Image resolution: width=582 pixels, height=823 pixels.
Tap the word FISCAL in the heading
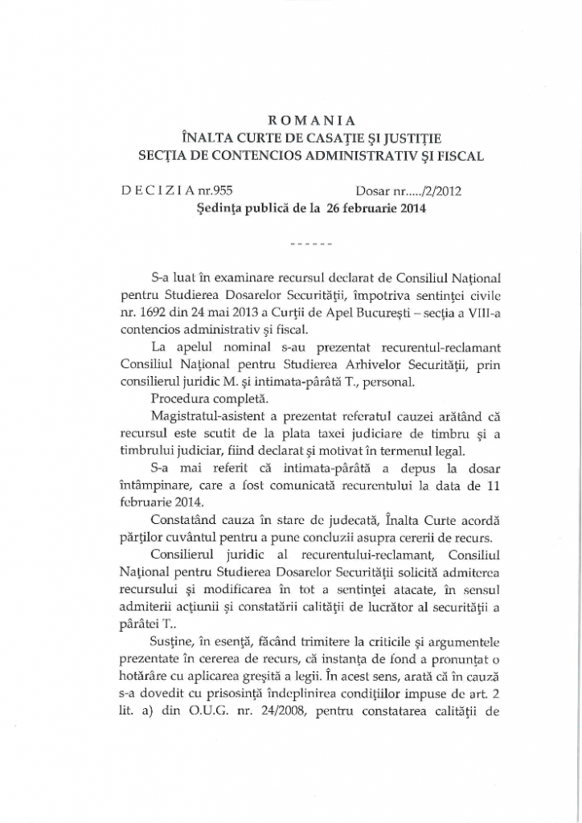(458, 154)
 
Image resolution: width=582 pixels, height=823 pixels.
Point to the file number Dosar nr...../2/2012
(408, 191)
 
